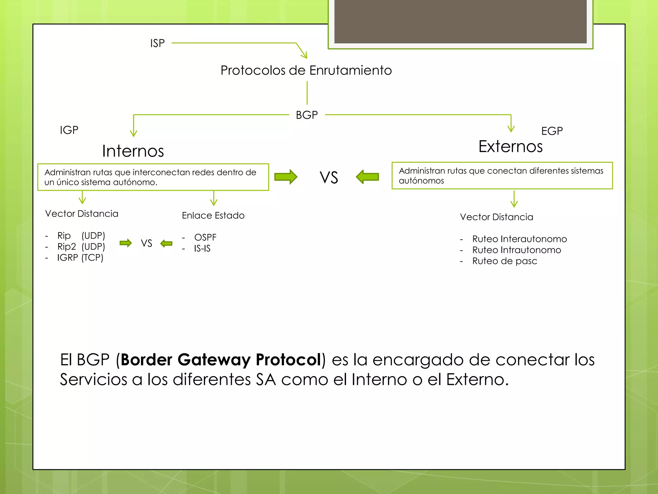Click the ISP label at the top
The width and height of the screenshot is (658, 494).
point(157,43)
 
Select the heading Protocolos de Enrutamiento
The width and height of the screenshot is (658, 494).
point(306,70)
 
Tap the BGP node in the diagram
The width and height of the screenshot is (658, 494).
point(307,115)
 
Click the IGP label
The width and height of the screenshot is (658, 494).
point(69,130)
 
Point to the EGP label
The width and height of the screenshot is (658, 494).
point(552,131)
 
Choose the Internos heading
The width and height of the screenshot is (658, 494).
point(133,151)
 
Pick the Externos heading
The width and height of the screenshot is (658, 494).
point(510,146)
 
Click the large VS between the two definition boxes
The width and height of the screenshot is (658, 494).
point(329,178)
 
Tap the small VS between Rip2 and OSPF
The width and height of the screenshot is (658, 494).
point(147,243)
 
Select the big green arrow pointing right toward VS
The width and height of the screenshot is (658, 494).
point(286,177)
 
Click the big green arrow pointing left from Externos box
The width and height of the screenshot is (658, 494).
point(368,177)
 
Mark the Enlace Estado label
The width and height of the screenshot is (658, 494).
point(213,215)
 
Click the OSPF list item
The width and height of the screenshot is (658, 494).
point(205,237)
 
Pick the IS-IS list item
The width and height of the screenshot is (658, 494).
point(202,248)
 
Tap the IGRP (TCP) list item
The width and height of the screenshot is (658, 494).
point(80,258)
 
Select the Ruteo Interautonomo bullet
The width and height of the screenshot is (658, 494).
point(519,239)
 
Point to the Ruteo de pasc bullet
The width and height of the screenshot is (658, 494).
point(504,261)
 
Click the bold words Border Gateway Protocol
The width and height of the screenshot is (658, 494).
point(221,360)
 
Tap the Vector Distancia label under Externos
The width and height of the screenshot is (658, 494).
point(496,217)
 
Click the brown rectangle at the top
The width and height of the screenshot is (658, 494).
point(460,21)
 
